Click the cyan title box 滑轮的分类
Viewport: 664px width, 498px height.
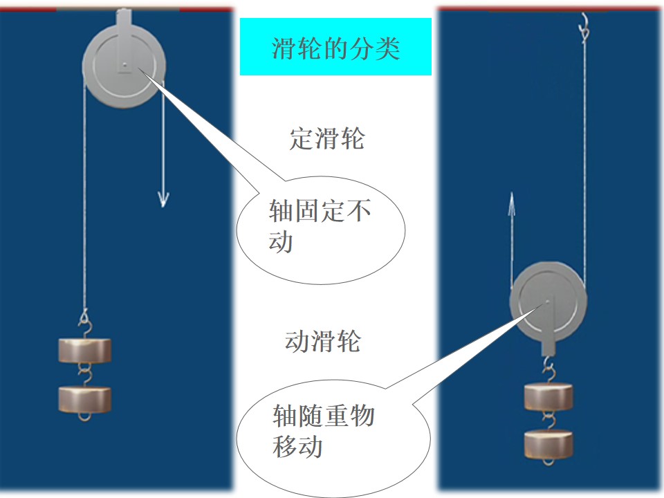[x=335, y=46]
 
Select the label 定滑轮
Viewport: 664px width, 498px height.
[x=326, y=138]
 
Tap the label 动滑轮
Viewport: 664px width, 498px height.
[x=322, y=341]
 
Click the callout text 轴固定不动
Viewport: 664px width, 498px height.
[x=320, y=225]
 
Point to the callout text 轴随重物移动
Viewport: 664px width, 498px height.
[x=323, y=431]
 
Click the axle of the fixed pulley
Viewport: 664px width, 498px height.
[x=124, y=65]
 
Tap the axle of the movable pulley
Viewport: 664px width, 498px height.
[x=548, y=302]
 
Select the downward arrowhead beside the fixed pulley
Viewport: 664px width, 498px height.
[x=163, y=199]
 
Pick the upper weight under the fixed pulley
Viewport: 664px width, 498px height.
[x=84, y=350]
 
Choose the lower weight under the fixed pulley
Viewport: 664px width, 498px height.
[x=84, y=398]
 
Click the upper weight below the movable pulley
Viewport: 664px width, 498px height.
[x=548, y=396]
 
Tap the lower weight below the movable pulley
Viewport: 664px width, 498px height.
[x=548, y=443]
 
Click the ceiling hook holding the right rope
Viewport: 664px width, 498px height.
[x=584, y=27]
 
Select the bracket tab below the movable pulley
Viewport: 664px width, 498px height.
[x=548, y=347]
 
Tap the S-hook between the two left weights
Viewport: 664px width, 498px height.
[x=84, y=375]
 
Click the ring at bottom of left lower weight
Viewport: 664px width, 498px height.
[x=84, y=416]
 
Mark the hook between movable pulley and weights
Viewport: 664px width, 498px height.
[x=548, y=369]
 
